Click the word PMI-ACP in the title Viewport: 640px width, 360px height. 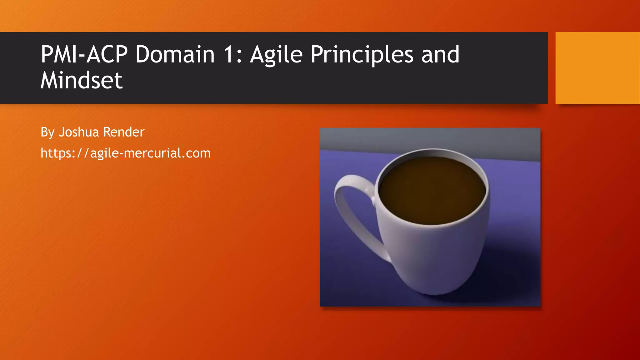pyautogui.click(x=84, y=54)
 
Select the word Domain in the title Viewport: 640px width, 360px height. pyautogui.click(x=175, y=54)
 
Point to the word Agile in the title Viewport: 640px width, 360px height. pyautogui.click(x=276, y=55)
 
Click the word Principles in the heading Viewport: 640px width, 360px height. pyautogui.click(x=362, y=55)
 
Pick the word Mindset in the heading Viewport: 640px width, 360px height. pyautogui.click(x=82, y=80)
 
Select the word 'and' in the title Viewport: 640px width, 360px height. pyautogui.click(x=440, y=54)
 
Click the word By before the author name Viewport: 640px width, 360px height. pyautogui.click(x=47, y=132)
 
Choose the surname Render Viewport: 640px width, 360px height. pyautogui.click(x=123, y=132)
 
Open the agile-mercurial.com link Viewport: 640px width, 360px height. pyautogui.click(x=126, y=153)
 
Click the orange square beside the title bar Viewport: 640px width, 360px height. pyautogui.click(x=597, y=68)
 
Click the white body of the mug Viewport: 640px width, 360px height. pyautogui.click(x=434, y=256)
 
